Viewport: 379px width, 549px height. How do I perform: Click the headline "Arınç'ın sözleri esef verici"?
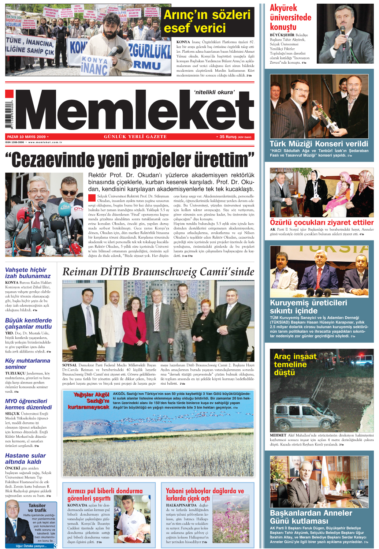207,21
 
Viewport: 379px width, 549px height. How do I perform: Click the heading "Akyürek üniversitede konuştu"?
290,18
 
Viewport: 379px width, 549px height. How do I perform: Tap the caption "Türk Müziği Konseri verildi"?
319,143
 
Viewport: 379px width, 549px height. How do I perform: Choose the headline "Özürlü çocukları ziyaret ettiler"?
322,222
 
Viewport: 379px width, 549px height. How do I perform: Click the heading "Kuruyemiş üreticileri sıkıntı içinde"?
308,306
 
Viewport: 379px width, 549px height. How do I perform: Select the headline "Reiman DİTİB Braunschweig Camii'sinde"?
158,272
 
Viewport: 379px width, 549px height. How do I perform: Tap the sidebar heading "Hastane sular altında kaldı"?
25,459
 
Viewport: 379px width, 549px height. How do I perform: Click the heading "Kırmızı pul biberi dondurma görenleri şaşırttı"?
105,494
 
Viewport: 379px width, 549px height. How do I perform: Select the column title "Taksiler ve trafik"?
37,508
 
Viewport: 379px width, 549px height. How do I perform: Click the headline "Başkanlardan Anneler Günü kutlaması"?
311,517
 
